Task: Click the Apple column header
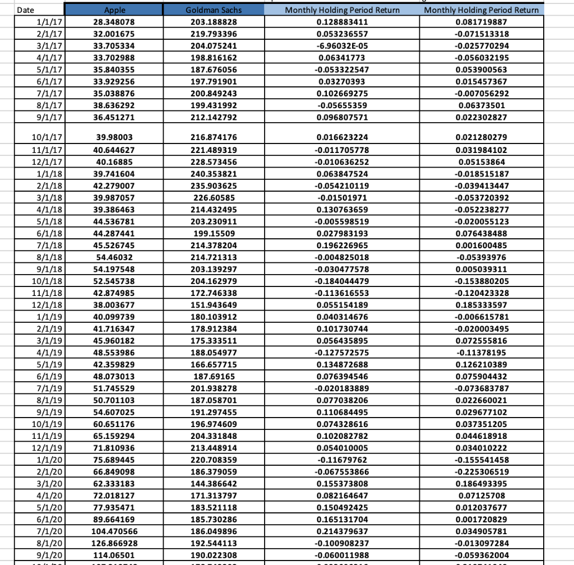click(114, 10)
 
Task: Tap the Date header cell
click(26, 10)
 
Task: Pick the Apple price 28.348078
click(114, 22)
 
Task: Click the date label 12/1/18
click(47, 320)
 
